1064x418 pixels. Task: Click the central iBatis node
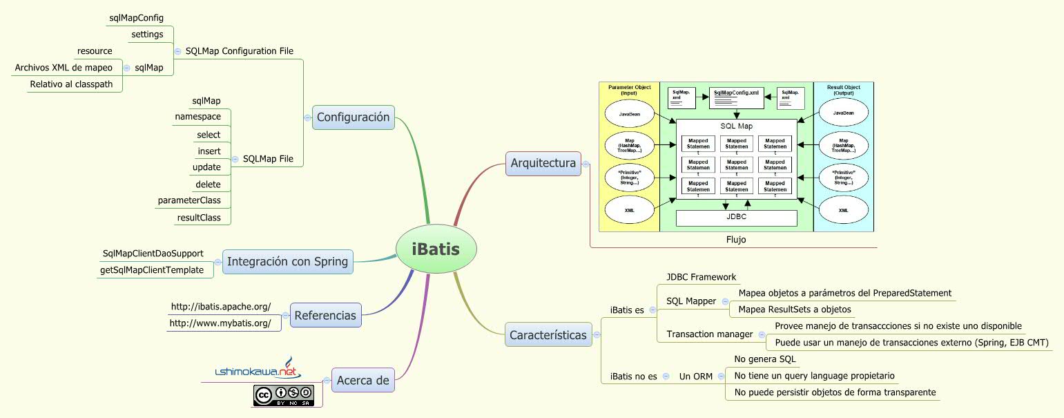pyautogui.click(x=436, y=249)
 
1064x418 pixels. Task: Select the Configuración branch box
pyautogui.click(x=353, y=117)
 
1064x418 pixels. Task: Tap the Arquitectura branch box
pyautogui.click(x=543, y=163)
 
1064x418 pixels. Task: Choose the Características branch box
pyautogui.click(x=548, y=335)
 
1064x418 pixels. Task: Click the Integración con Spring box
pyautogui.click(x=287, y=262)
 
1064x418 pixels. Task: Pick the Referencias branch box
pyautogui.click(x=325, y=316)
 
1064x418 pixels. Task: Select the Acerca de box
pyautogui.click(x=362, y=379)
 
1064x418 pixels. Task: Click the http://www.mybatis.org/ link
pyautogui.click(x=220, y=323)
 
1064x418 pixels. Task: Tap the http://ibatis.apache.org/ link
pyautogui.click(x=220, y=306)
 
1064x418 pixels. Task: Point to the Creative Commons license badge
pyautogui.click(x=283, y=395)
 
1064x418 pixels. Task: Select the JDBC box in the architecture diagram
pyautogui.click(x=736, y=217)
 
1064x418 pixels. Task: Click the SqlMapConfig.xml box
pyautogui.click(x=736, y=97)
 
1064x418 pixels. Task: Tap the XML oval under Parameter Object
pyautogui.click(x=629, y=210)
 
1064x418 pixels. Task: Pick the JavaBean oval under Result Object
pyautogui.click(x=843, y=113)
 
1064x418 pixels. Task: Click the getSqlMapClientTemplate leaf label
pyautogui.click(x=152, y=270)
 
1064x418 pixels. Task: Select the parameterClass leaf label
pyautogui.click(x=189, y=200)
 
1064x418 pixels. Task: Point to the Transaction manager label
pyautogui.click(x=709, y=334)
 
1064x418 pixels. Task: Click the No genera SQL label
pyautogui.click(x=765, y=359)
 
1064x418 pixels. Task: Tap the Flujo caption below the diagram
pyautogui.click(x=736, y=240)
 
